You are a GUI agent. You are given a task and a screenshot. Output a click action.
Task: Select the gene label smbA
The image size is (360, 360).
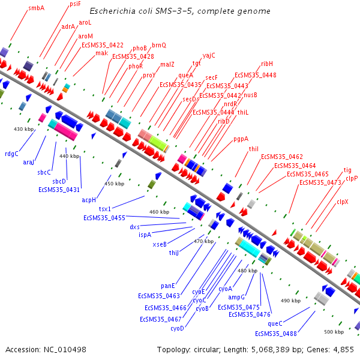coord(37,8)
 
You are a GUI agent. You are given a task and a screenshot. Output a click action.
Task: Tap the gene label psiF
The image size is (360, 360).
coord(75,4)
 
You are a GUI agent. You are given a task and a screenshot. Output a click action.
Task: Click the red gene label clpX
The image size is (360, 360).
coord(343,202)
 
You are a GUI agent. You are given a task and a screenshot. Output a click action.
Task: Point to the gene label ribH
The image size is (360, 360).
coord(267,63)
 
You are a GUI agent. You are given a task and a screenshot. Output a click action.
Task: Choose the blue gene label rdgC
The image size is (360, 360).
coord(12,153)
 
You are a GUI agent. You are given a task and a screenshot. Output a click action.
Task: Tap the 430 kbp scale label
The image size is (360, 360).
coord(25,129)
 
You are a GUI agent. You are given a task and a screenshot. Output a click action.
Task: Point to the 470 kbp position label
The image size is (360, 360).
coord(204,241)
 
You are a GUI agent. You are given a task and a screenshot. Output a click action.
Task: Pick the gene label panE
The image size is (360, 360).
coord(169,286)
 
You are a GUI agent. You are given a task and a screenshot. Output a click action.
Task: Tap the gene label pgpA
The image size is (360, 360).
coord(241,139)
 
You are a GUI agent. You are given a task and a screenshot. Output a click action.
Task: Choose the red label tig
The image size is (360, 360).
coord(347,170)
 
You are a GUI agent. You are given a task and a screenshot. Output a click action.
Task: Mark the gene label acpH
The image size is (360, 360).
coord(89,200)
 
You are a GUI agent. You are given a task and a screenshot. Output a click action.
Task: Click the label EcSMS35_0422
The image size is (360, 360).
coord(102,45)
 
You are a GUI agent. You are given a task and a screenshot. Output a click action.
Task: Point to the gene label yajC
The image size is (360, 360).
coord(209,55)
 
